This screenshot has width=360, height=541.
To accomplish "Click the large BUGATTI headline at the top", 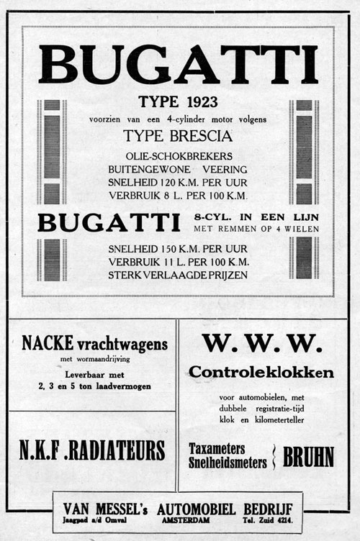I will [x=178, y=64].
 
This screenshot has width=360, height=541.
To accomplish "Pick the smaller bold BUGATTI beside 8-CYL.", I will [x=108, y=222].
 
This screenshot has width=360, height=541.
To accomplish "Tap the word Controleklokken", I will [x=261, y=373].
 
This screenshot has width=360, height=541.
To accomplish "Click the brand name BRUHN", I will [x=308, y=457].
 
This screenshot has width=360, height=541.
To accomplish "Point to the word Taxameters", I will [x=217, y=448].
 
